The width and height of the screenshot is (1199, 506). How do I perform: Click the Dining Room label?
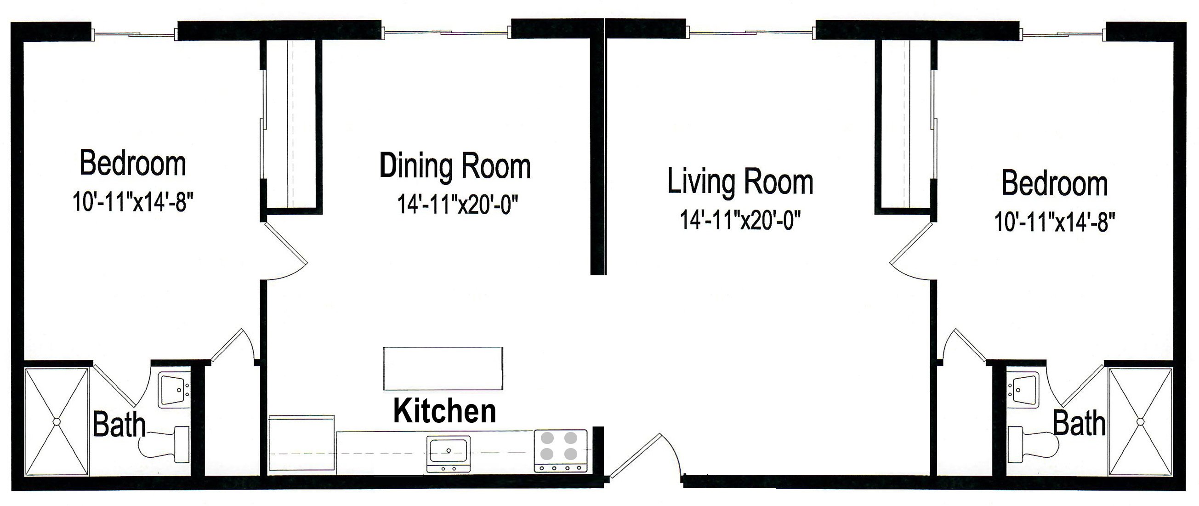[455, 166]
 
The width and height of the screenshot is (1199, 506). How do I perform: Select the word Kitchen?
[444, 411]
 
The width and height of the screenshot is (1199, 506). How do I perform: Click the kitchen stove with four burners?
[560, 451]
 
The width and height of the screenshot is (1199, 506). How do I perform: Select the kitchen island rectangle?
[443, 368]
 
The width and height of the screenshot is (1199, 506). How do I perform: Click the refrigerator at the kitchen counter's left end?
[301, 444]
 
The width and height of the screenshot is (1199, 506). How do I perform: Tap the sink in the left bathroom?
[173, 390]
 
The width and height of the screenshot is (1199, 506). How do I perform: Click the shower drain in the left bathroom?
[57, 422]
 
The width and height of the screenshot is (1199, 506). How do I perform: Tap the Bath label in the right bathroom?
[1079, 424]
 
